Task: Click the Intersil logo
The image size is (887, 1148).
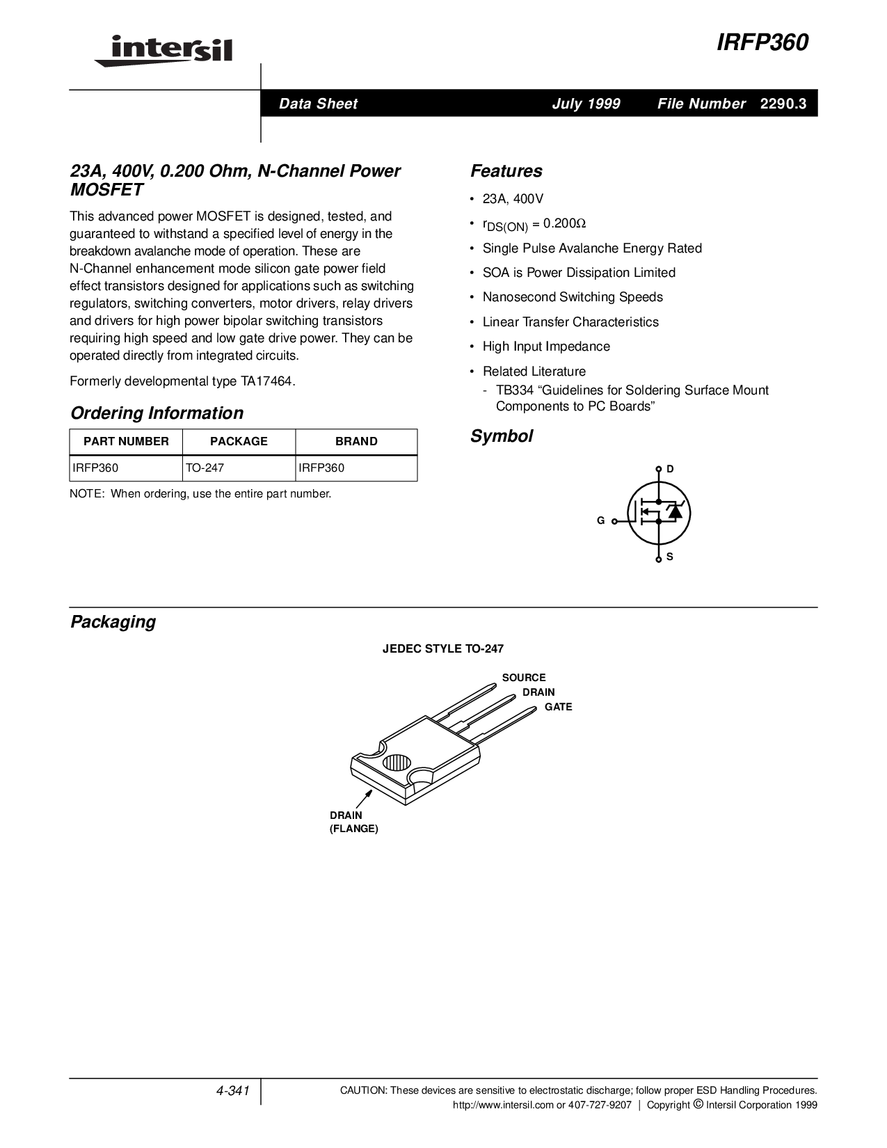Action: [163, 50]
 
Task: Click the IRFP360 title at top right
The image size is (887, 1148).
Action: [762, 43]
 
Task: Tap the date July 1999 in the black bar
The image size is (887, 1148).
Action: [586, 104]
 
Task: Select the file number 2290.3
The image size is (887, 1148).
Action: [783, 104]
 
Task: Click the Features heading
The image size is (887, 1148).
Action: [506, 171]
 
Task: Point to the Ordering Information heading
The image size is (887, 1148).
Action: [157, 413]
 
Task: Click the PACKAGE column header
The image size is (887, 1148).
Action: [239, 441]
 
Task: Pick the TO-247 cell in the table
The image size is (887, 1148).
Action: [205, 468]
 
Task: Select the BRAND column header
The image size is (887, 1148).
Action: [356, 441]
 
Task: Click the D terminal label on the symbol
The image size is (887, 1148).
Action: [670, 469]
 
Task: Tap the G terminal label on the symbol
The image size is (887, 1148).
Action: [600, 520]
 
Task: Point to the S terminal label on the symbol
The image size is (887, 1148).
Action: [670, 557]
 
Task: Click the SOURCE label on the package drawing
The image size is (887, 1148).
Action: [524, 678]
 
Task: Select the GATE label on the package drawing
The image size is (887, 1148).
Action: [558, 707]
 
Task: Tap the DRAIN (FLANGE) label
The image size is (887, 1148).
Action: [353, 822]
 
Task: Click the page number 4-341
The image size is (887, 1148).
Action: [233, 1091]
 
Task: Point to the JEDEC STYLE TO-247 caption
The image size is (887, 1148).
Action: [443, 648]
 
